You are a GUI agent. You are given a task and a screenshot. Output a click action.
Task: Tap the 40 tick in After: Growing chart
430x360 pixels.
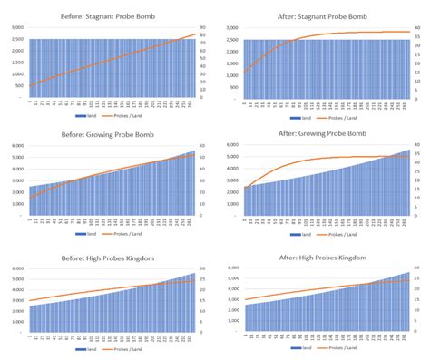pyautogui.click(x=416, y=146)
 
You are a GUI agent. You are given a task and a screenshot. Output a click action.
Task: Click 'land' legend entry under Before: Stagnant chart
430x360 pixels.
pyautogui.click(x=92, y=117)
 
